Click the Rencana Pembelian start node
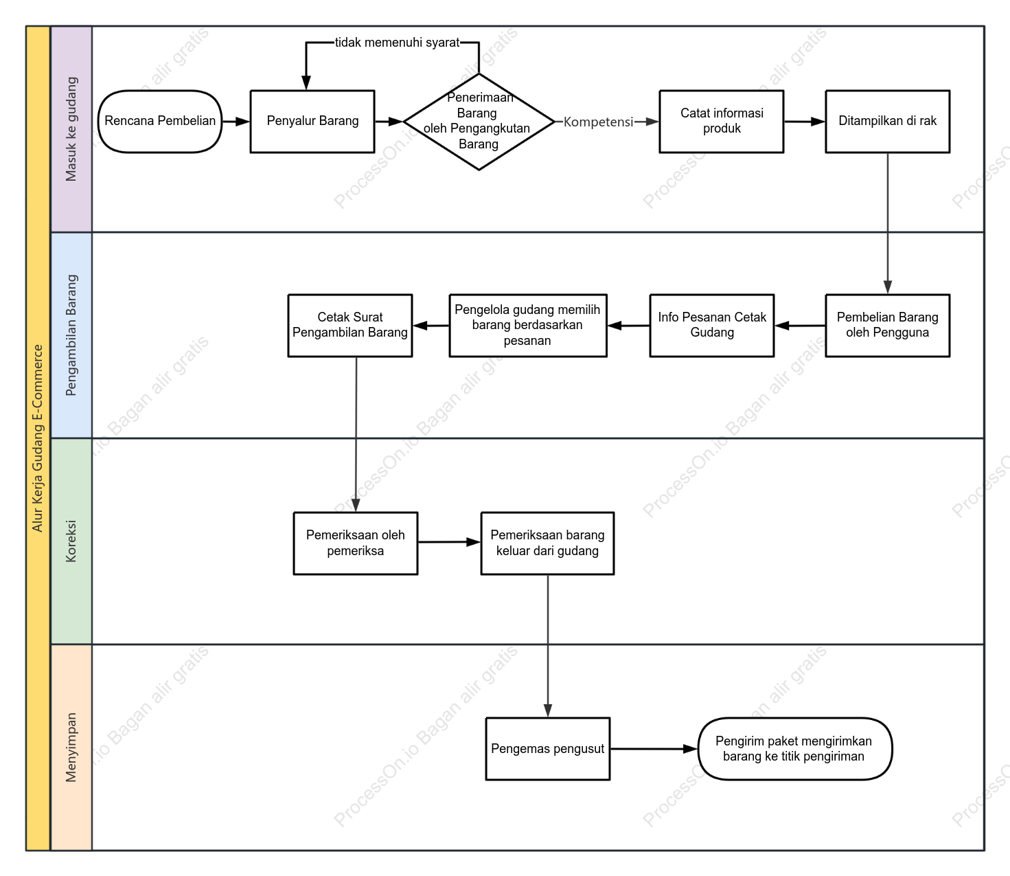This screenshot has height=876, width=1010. (160, 121)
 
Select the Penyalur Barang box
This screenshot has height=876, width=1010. (312, 121)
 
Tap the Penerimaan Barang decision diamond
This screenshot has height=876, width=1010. (479, 121)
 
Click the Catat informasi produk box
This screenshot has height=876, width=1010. (721, 121)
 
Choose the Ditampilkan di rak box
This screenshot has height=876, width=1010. (887, 121)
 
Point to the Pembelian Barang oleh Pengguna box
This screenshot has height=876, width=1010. (887, 325)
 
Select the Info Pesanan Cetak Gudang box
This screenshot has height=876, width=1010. (711, 325)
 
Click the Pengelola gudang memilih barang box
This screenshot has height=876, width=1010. (528, 325)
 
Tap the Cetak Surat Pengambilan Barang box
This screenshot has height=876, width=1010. (350, 325)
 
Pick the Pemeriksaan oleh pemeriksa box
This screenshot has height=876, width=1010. (355, 543)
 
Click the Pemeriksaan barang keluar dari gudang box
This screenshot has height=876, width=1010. (547, 543)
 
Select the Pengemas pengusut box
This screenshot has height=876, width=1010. (547, 748)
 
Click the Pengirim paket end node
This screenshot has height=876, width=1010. (794, 748)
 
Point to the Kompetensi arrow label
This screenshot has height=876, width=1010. (598, 122)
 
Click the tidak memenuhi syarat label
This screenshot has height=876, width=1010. (397, 43)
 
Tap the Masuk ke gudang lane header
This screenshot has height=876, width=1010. (71, 129)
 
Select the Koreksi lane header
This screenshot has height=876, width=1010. (71, 541)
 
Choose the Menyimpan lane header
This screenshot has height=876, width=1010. (71, 747)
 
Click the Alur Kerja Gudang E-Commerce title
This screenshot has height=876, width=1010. (38, 438)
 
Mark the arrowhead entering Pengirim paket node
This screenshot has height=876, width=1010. (691, 748)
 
